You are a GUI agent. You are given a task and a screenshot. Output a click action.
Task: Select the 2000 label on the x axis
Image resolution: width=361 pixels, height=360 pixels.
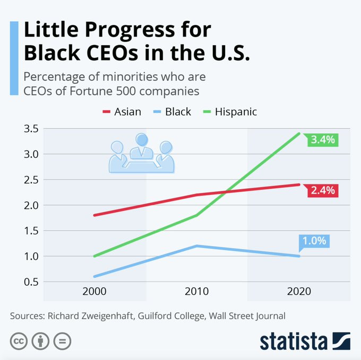coord(94,291)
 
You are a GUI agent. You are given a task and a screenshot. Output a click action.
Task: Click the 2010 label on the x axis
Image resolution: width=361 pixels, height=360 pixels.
coord(196,291)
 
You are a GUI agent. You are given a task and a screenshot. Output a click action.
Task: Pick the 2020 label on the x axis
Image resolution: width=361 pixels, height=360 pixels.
coord(298,291)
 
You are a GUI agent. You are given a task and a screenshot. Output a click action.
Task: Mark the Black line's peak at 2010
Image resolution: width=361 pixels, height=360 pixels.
coord(196,245)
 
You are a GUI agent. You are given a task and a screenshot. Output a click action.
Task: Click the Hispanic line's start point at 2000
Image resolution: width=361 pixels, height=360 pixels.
coord(94,256)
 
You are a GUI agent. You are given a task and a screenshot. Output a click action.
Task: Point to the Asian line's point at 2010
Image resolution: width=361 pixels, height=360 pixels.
coord(196,195)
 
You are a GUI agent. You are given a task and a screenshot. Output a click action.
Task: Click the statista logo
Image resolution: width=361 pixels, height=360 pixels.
coord(305,341)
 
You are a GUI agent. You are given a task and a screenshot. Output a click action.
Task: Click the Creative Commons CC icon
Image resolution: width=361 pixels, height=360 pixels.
coord(19,341)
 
